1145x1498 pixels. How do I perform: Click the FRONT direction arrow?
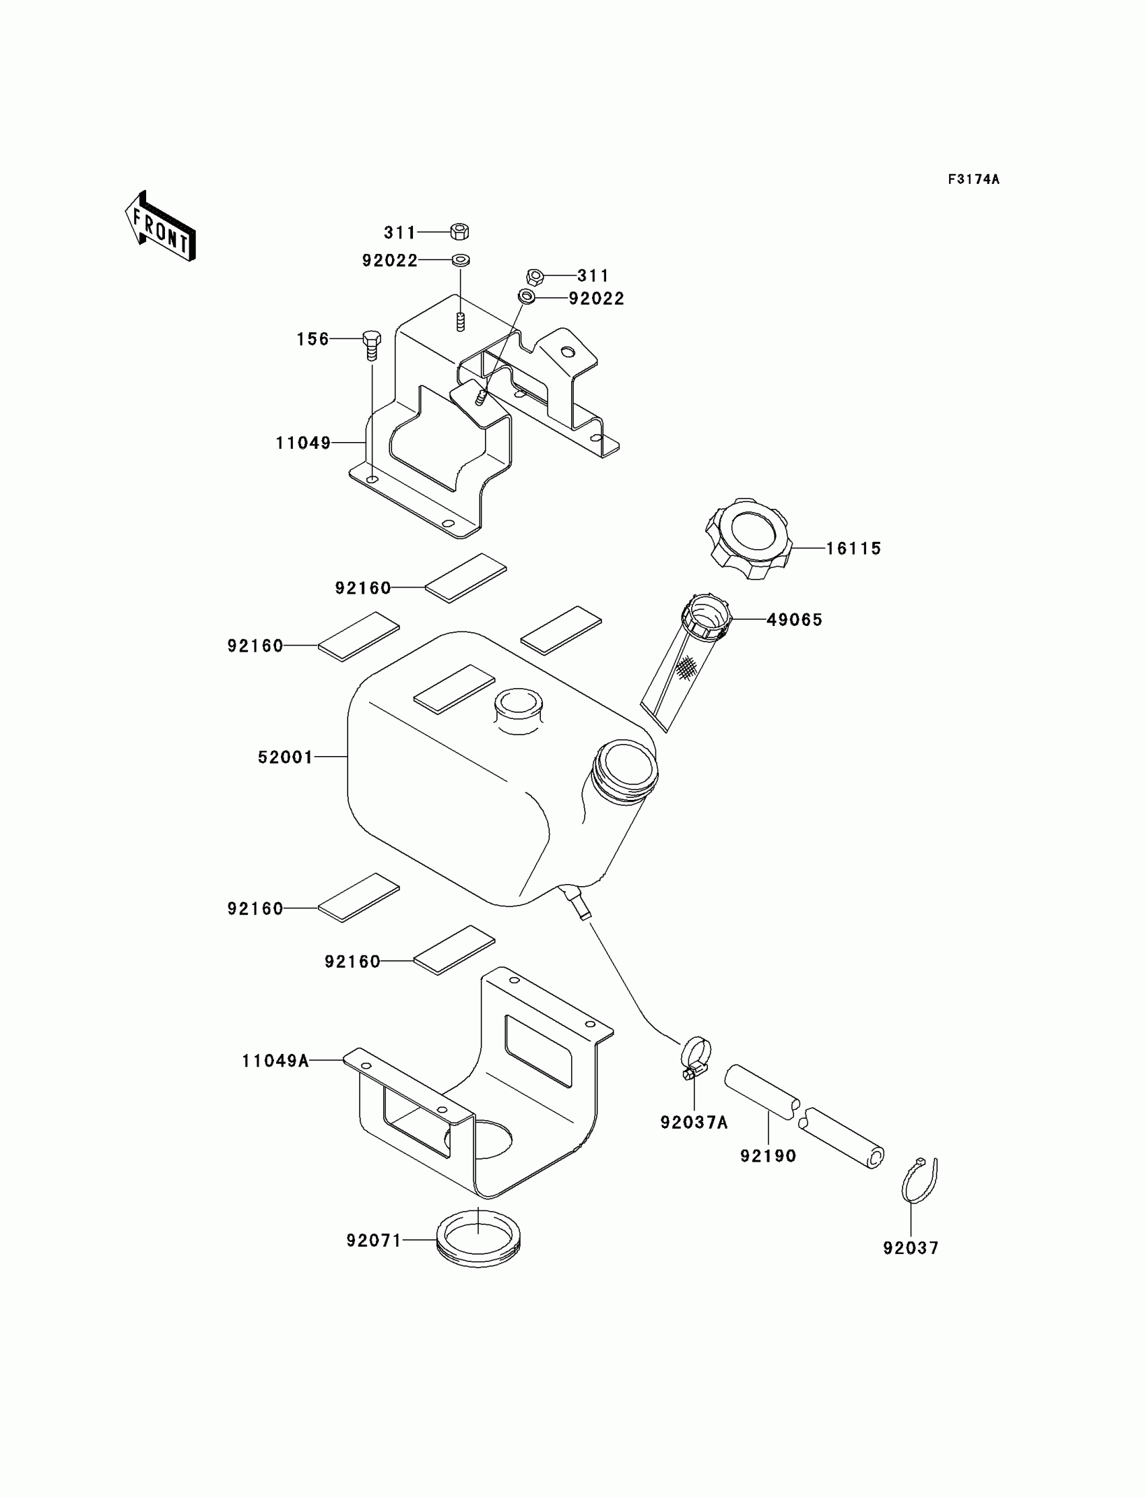coord(161,226)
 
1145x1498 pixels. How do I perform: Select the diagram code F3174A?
coord(973,179)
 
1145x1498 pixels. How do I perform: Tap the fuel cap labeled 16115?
coord(748,538)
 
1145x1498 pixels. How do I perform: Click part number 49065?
coord(795,620)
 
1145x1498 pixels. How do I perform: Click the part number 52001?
coord(285,757)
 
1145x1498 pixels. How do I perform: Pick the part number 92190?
coord(768,1156)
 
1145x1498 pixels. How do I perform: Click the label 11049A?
coord(275,1061)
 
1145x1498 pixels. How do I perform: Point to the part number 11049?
coord(302,443)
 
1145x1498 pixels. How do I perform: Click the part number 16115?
coord(853,549)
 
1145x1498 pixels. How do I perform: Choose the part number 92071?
coord(374,1241)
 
